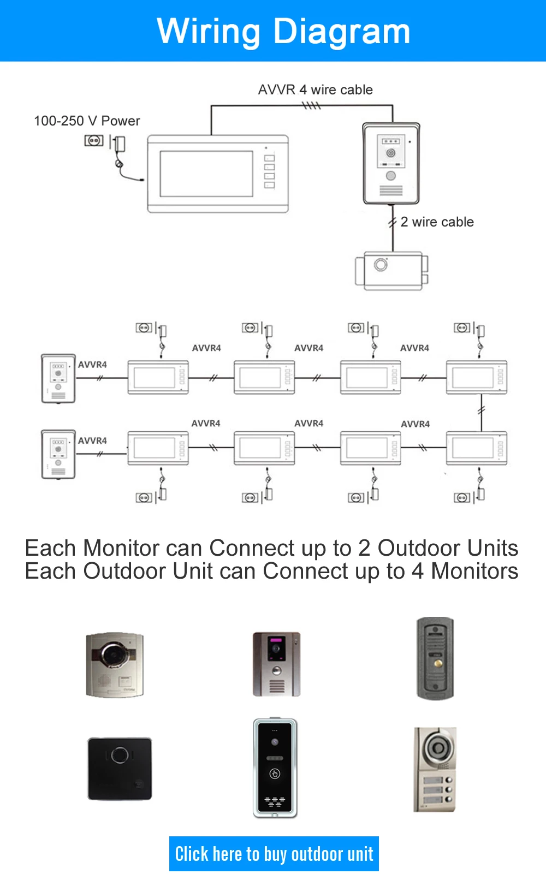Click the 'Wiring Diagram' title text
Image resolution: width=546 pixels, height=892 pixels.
click(283, 32)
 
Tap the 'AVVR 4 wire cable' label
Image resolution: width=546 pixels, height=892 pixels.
click(316, 90)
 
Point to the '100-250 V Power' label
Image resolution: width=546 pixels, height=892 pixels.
click(87, 121)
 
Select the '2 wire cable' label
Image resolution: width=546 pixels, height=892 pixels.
click(437, 222)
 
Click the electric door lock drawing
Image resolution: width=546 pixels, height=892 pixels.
click(391, 271)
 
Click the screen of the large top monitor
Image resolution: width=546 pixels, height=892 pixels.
click(206, 174)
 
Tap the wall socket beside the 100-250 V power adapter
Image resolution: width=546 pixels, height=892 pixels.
click(93, 141)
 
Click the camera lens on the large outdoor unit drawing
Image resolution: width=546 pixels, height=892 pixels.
click(391, 153)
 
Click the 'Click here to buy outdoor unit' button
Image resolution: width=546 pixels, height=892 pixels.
click(274, 853)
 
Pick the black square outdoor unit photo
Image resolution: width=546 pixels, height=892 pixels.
click(120, 769)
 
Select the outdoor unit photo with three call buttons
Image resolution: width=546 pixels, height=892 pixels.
click(435, 769)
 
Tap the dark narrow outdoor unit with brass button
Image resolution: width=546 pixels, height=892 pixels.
click(435, 658)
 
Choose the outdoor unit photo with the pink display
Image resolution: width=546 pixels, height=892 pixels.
click(276, 664)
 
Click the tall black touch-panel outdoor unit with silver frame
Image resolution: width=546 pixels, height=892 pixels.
click(275, 768)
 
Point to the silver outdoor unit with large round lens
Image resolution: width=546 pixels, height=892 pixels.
click(115, 664)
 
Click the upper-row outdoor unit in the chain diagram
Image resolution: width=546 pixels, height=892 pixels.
click(58, 378)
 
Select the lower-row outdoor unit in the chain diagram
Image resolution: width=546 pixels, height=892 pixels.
click(58, 454)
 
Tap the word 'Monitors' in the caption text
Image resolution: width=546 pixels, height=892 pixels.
click(474, 571)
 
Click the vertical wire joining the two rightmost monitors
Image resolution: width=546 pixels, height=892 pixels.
click(482, 413)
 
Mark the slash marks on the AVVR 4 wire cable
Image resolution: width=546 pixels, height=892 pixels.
click(311, 105)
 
